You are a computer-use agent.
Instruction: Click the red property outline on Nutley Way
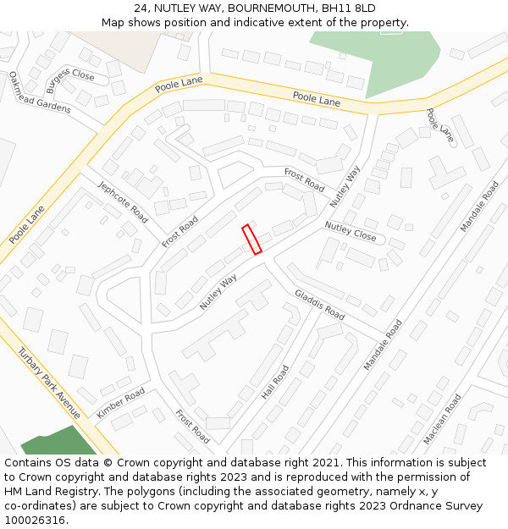(251, 239)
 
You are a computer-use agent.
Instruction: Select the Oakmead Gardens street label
(40, 93)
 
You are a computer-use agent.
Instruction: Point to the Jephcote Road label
(123, 202)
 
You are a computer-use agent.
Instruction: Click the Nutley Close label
(351, 230)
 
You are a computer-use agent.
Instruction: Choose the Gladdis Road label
(320, 305)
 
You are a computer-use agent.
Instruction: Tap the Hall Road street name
(275, 382)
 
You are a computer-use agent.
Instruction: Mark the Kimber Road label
(121, 402)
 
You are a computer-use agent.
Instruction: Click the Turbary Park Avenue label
(49, 383)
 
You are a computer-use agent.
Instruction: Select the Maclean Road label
(443, 418)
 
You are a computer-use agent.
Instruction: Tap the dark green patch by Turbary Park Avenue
(55, 442)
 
